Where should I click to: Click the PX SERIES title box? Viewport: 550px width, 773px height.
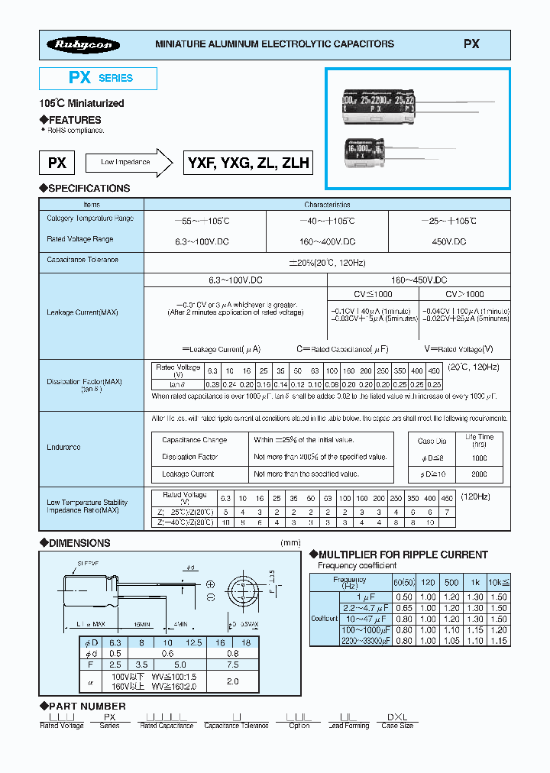tap(98, 78)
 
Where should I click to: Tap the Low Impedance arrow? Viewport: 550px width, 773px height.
tap(127, 162)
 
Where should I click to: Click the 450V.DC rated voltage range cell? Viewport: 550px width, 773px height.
tap(449, 241)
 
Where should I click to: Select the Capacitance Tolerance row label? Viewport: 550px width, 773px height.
tap(82, 260)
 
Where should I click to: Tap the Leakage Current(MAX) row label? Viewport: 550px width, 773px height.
tap(82, 312)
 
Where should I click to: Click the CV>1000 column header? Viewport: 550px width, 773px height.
tap(464, 294)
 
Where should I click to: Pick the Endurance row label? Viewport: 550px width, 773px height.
tap(63, 448)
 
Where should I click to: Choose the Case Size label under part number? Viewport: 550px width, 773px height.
tap(397, 726)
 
